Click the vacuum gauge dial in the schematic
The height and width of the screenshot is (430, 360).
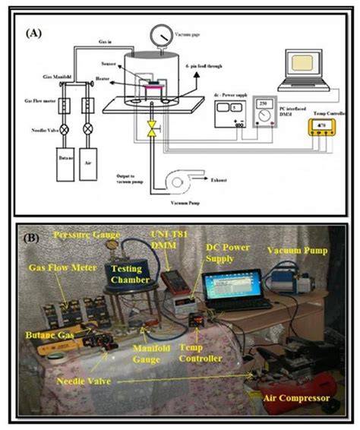[160, 35]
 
